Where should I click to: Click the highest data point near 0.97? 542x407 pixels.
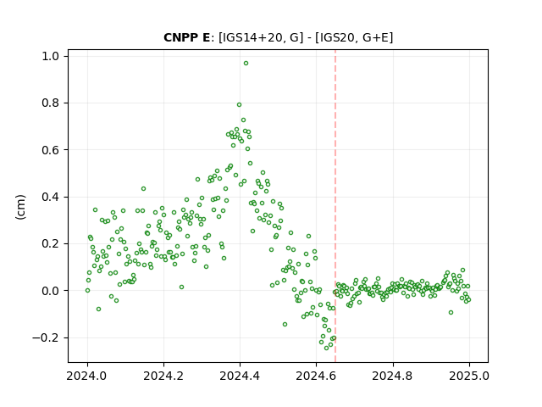pyautogui.click(x=246, y=64)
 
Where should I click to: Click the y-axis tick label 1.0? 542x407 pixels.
pyautogui.click(x=51, y=56)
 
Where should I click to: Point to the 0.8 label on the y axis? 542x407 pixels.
pyautogui.click(x=51, y=103)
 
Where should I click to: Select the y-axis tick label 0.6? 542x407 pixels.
pyautogui.click(x=51, y=150)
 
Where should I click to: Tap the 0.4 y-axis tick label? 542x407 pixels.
pyautogui.click(x=51, y=197)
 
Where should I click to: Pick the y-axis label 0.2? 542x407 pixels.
pyautogui.click(x=51, y=243)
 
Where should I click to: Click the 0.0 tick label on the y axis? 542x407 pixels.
pyautogui.click(x=51, y=291)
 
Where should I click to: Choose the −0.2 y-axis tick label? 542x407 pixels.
pyautogui.click(x=46, y=337)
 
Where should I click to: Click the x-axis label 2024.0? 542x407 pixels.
pyautogui.click(x=87, y=376)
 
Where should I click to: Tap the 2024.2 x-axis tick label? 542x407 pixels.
pyautogui.click(x=163, y=376)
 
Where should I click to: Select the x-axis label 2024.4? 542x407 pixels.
pyautogui.click(x=240, y=376)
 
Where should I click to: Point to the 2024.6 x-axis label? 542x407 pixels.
pyautogui.click(x=316, y=376)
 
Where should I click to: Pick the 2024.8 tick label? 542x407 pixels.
pyautogui.click(x=393, y=376)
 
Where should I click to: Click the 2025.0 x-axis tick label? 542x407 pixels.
pyautogui.click(x=469, y=376)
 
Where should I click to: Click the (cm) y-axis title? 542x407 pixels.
pyautogui.click(x=20, y=207)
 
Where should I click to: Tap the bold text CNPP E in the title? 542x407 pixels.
pyautogui.click(x=186, y=37)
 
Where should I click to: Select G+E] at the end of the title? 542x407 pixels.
pyautogui.click(x=378, y=37)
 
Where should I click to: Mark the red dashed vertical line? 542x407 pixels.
pyautogui.click(x=335, y=206)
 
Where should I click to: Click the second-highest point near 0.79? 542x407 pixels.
pyautogui.click(x=239, y=105)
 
